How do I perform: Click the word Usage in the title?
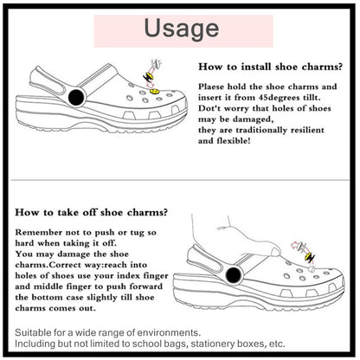(181, 28)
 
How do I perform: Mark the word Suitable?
(35, 331)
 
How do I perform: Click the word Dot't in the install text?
(213, 112)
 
